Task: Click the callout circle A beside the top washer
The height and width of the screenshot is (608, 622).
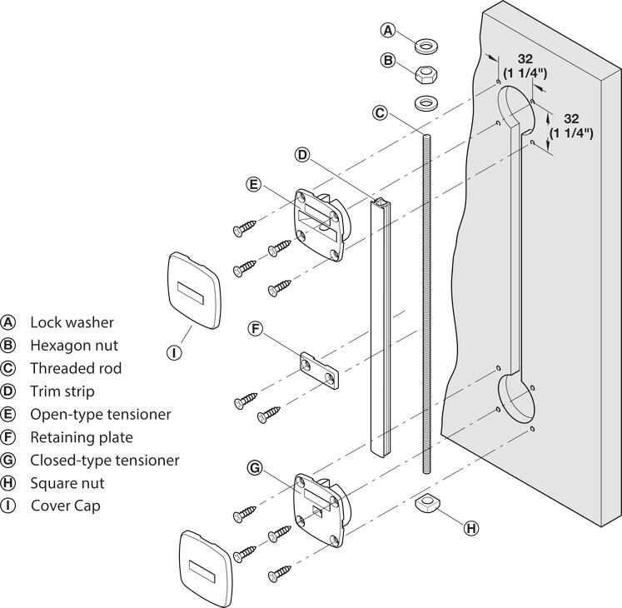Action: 388,31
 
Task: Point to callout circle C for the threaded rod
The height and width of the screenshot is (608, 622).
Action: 380,112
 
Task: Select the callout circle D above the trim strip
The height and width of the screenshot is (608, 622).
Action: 303,155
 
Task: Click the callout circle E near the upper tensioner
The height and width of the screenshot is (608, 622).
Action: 255,184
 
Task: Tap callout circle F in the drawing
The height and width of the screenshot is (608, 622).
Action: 256,329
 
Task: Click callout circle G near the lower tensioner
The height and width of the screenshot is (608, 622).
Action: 256,468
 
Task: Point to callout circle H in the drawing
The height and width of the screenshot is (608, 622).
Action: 472,527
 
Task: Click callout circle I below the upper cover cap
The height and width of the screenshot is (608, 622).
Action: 174,352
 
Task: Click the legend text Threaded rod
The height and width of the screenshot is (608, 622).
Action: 75,368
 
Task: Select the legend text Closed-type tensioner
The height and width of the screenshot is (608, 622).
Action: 104,460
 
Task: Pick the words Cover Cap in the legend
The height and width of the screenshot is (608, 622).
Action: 65,506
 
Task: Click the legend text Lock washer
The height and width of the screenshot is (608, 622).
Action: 72,322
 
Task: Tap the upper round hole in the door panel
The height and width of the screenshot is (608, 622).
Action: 517,114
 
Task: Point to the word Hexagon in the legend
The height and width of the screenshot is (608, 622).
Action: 57,345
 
